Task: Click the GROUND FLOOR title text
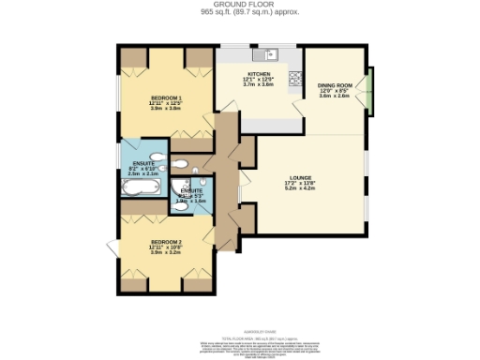click(240, 5)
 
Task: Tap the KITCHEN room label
click(258, 72)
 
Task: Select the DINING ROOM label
click(334, 83)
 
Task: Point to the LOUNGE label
click(300, 176)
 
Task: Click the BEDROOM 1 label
click(165, 97)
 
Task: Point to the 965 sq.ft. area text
click(240, 12)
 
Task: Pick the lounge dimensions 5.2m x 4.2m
click(300, 188)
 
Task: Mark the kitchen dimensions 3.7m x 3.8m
click(258, 84)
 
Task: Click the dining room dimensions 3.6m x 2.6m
click(334, 96)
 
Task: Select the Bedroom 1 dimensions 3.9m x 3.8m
click(165, 109)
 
